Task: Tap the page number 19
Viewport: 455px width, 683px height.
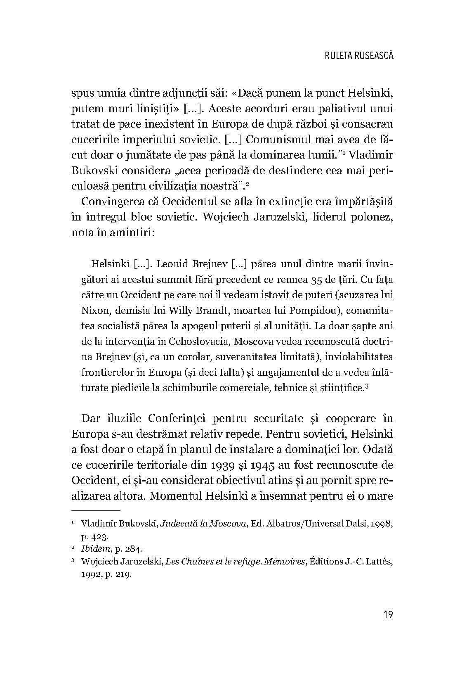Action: tap(388, 615)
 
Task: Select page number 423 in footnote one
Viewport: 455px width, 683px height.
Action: tap(101, 537)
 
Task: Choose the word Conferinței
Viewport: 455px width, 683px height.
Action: tap(183, 418)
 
